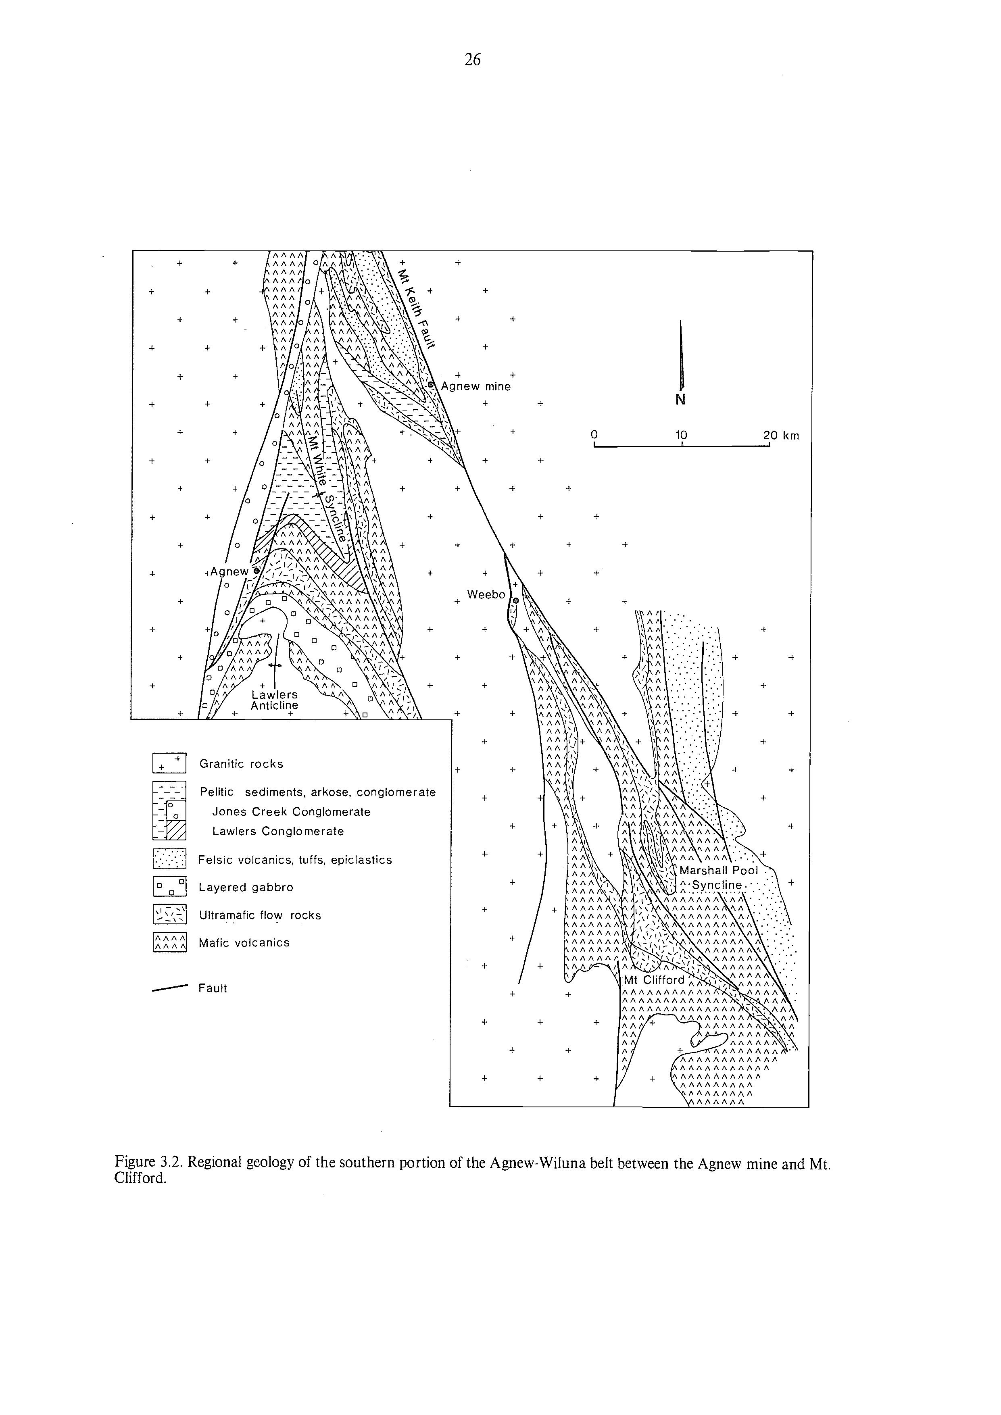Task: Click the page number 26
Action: (x=472, y=60)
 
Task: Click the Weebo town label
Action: (x=486, y=595)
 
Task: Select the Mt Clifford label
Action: (x=654, y=980)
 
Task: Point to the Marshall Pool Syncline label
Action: (x=718, y=877)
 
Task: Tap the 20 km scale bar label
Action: (x=780, y=436)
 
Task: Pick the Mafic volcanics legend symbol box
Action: (x=169, y=942)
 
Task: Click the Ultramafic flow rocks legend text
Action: (x=259, y=915)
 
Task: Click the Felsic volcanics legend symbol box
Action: (x=169, y=859)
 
